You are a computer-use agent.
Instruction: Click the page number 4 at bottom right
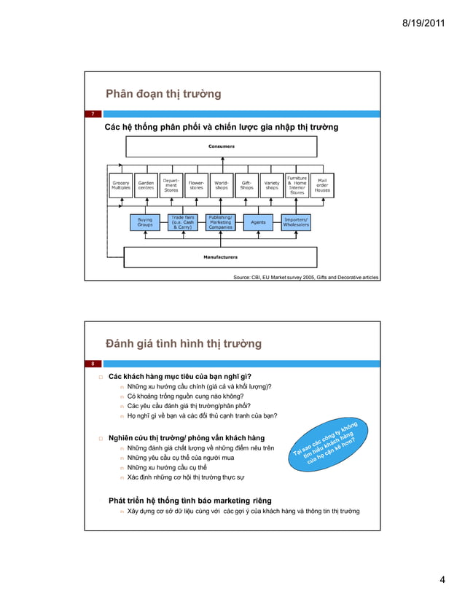coord(442,579)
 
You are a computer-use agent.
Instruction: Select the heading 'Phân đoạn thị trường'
coord(163,94)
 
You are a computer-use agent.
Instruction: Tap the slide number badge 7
coord(93,114)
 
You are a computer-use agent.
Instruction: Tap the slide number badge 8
coord(93,363)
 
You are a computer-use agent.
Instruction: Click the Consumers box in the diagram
coord(222,146)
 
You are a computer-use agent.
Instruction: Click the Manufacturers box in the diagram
coord(220,257)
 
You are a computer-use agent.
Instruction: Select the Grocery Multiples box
coord(121,186)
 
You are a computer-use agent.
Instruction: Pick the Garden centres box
coord(146,186)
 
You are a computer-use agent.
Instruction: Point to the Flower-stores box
coord(196,186)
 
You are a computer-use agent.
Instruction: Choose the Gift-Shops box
coord(246,186)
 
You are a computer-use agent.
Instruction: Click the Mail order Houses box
coord(322,186)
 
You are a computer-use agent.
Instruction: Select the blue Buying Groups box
coord(145,222)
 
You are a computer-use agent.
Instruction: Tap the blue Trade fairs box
coord(182,222)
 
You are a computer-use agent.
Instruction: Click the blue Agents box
coord(258,222)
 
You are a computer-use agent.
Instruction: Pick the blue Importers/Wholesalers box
coord(296,222)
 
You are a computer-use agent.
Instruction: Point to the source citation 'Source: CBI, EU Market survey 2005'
coord(305,278)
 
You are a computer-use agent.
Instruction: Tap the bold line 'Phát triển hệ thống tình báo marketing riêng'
coord(190,501)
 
